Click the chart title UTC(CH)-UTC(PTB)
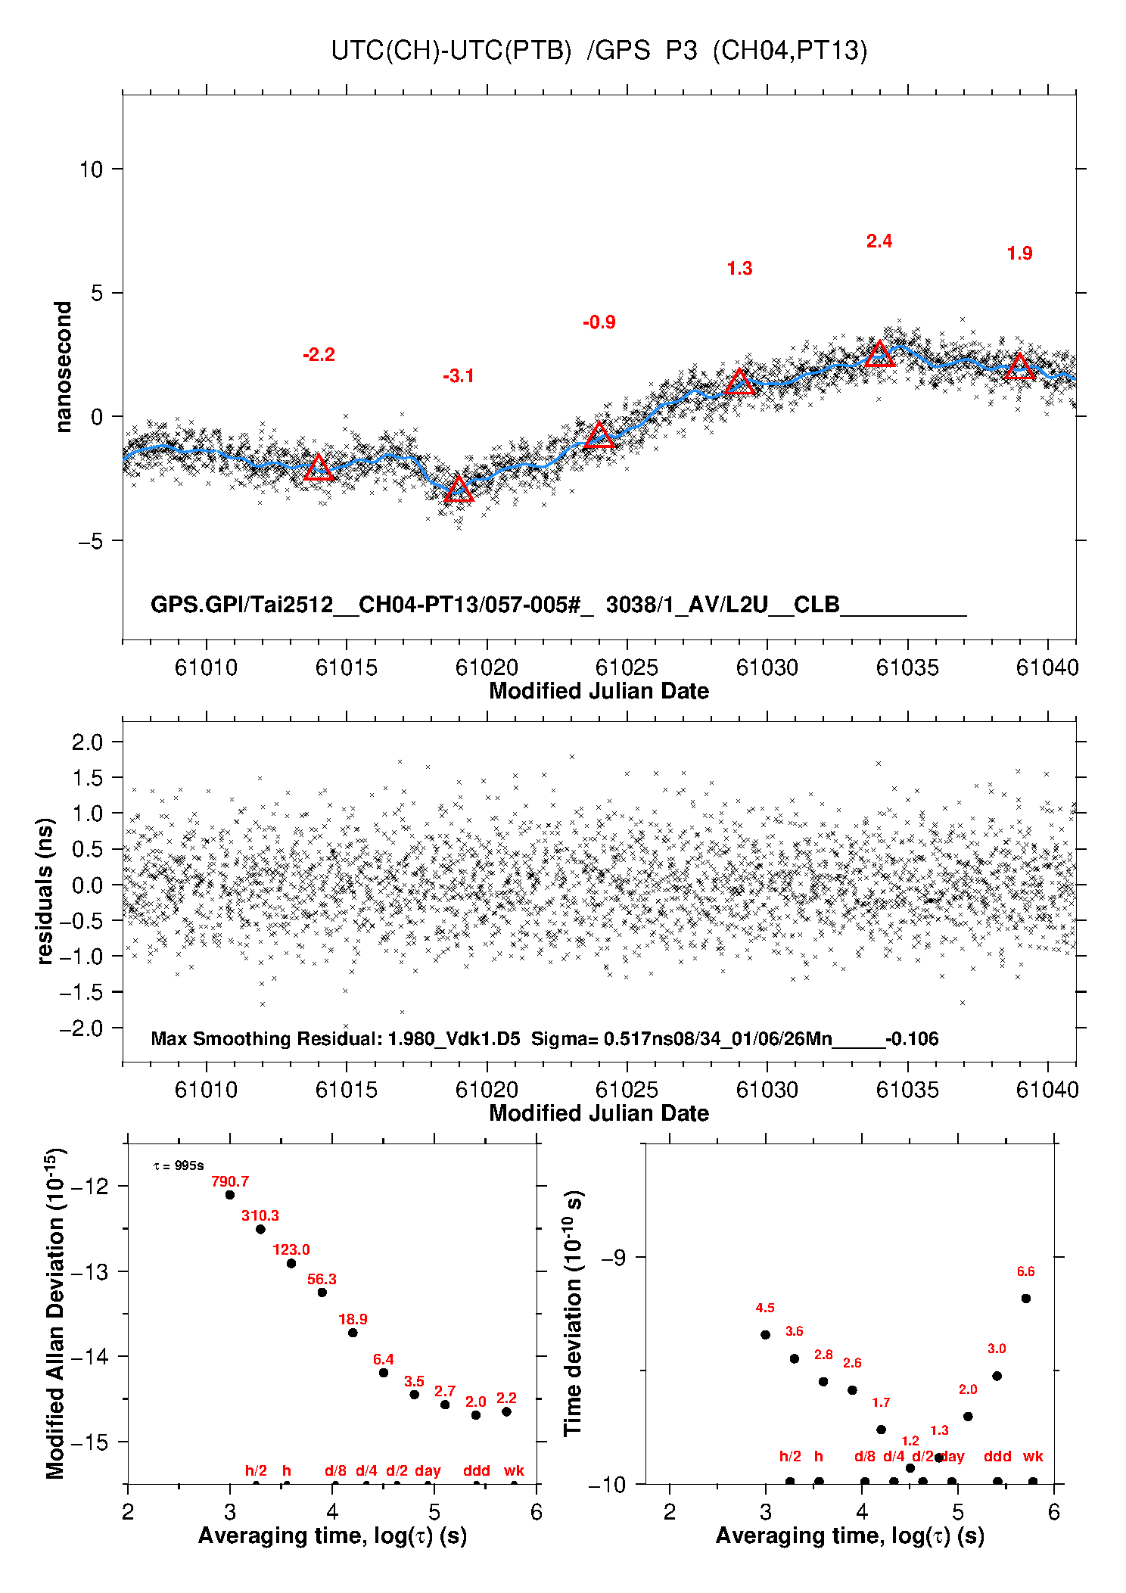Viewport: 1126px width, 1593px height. click(x=451, y=51)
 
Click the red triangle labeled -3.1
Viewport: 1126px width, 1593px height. click(x=459, y=490)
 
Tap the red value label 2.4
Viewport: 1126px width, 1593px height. click(x=879, y=241)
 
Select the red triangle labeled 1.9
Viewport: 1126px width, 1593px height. click(x=1019, y=368)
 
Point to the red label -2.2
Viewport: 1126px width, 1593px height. click(x=319, y=355)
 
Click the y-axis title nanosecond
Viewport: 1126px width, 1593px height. click(x=63, y=366)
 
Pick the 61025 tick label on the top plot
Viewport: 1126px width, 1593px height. click(x=627, y=667)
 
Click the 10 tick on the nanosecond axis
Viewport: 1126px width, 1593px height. click(x=92, y=170)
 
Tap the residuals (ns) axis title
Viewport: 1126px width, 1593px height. click(x=45, y=891)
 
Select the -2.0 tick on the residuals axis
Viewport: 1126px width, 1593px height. click(x=87, y=1028)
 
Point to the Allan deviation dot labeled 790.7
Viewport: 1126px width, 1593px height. click(x=230, y=1195)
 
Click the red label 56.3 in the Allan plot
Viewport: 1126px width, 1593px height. click(x=322, y=1279)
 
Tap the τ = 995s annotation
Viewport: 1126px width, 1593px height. click(x=179, y=1166)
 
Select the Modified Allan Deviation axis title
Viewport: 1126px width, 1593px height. click(x=55, y=1313)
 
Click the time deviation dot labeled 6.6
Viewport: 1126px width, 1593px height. click(x=1026, y=1299)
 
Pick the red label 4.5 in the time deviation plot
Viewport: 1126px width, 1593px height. click(x=765, y=1308)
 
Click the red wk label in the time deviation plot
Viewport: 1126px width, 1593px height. click(x=1033, y=1456)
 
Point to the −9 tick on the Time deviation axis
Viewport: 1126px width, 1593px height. click(x=613, y=1258)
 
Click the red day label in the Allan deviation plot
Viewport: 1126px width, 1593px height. click(x=428, y=1470)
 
